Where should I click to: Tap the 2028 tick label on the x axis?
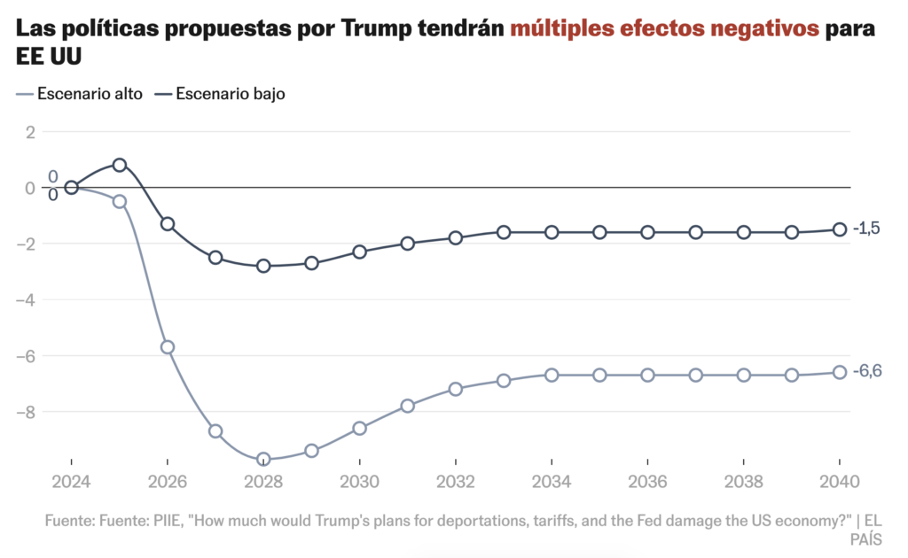(263, 484)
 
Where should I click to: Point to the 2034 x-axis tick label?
(552, 484)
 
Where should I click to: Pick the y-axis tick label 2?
(30, 132)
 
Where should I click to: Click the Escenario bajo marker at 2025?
(120, 165)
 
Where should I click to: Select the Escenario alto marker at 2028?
(263, 459)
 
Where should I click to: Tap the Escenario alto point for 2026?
(168, 347)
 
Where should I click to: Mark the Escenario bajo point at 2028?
(263, 266)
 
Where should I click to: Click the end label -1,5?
(866, 229)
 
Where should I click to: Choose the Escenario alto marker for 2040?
(839, 372)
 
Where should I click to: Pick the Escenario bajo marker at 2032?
(456, 237)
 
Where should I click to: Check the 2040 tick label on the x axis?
(839, 484)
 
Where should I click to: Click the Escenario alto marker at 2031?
(408, 406)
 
